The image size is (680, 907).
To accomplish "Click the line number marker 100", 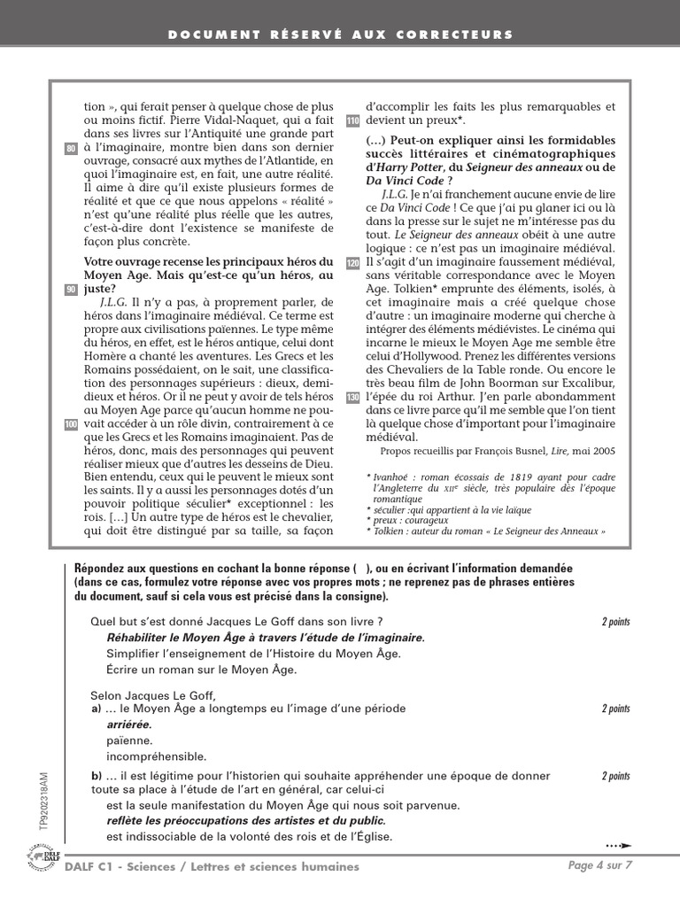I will click(x=72, y=426).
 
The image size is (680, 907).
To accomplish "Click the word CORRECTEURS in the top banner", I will click(x=468, y=35).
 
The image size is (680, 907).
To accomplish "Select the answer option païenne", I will click(x=129, y=740).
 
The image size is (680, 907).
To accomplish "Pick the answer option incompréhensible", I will click(x=156, y=756).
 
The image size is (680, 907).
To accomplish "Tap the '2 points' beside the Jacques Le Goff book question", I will click(x=615, y=622).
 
